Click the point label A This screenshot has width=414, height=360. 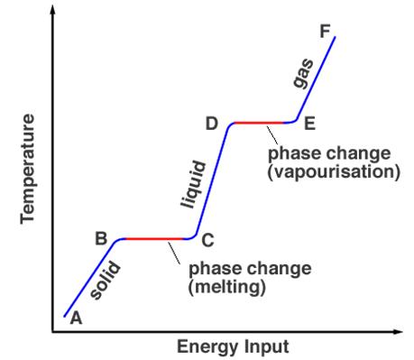(76, 317)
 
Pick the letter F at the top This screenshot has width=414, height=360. (325, 32)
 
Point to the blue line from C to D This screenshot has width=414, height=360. (214, 180)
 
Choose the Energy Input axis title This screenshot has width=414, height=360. (233, 346)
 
